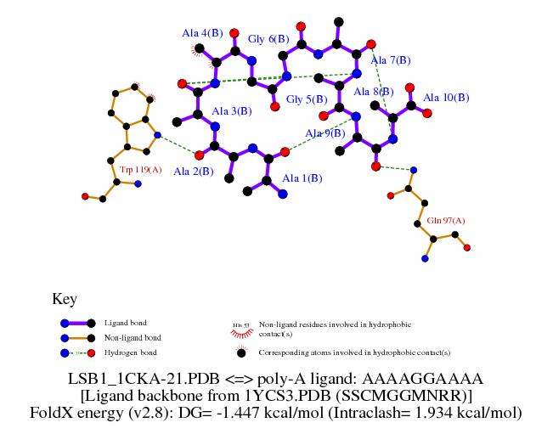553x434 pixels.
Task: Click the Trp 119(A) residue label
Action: click(x=141, y=170)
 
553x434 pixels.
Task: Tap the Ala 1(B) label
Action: click(x=302, y=178)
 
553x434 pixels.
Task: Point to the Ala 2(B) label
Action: click(x=194, y=171)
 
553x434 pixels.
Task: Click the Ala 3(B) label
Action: click(x=231, y=111)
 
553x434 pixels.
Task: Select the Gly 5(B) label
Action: click(x=307, y=99)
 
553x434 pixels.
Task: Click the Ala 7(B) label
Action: click(x=392, y=59)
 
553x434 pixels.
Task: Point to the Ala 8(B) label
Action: click(x=373, y=92)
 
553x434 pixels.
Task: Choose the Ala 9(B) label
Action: click(x=325, y=132)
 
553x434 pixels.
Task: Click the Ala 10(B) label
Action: click(x=446, y=98)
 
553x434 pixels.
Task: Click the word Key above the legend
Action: click(x=65, y=299)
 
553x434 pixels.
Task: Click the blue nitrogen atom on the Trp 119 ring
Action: click(x=157, y=135)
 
